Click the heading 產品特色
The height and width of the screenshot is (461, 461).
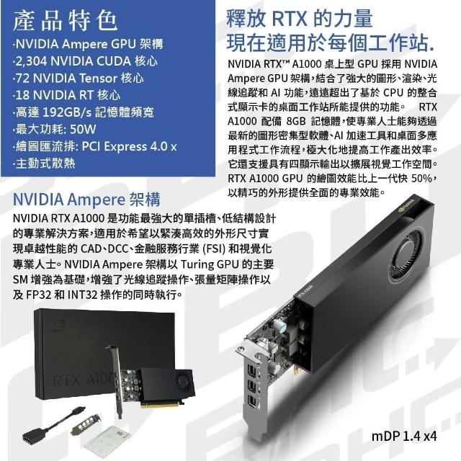tap(66, 21)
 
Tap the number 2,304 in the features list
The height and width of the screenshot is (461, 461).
tap(31, 61)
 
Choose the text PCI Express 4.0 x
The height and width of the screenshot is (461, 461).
tap(129, 146)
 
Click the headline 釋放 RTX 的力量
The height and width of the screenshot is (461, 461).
tap(300, 19)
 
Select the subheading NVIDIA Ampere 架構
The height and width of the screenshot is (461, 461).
tap(86, 200)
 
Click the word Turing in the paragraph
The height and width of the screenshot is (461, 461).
tap(197, 264)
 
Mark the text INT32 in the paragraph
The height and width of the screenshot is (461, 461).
tap(82, 295)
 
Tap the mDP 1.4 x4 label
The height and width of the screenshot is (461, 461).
tap(404, 437)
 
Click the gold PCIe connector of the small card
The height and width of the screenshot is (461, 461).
tap(159, 405)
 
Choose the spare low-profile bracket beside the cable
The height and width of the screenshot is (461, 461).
tap(85, 426)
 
